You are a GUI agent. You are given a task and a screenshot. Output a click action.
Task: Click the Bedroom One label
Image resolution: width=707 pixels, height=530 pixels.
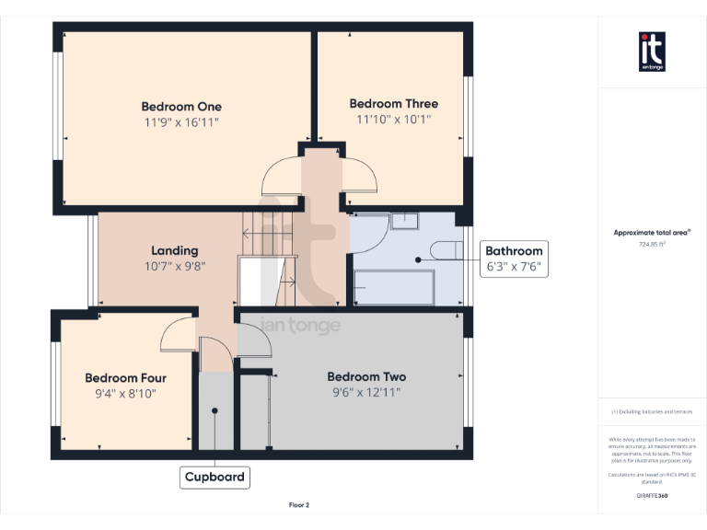tap(181, 106)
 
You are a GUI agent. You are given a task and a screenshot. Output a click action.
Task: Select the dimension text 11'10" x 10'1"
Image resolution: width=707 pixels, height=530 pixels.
tap(393, 120)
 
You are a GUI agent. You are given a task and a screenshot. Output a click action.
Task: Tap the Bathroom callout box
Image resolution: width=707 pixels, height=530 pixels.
tap(515, 259)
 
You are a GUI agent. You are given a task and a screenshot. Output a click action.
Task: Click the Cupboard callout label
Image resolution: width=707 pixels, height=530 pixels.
tap(214, 477)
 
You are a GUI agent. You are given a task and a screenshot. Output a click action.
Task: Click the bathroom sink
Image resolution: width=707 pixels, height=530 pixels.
tap(405, 220)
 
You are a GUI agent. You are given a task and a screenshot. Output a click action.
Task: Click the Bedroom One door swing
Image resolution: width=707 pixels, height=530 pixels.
tap(281, 175)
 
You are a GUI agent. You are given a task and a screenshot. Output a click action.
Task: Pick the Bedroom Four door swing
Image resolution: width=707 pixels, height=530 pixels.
tap(179, 337)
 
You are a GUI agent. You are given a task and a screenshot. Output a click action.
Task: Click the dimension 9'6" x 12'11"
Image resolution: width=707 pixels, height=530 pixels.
tap(365, 392)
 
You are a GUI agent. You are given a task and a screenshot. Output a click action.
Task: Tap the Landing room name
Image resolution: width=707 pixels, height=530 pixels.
tap(174, 250)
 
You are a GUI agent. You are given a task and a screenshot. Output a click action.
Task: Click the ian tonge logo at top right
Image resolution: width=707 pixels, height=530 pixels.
tap(652, 52)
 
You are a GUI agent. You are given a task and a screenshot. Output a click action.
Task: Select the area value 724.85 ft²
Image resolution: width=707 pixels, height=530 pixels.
tap(652, 245)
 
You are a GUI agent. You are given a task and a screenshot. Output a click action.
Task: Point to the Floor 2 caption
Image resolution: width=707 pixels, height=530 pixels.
tap(299, 505)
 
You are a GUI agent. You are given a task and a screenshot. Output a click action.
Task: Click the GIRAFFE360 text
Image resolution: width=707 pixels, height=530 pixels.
tap(652, 496)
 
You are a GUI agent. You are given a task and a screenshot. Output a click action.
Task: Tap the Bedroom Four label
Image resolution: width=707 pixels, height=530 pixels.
tap(125, 377)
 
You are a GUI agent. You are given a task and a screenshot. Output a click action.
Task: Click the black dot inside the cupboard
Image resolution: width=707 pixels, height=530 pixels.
tap(214, 411)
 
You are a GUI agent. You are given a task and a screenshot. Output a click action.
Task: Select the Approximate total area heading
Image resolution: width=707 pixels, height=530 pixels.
tap(652, 233)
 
